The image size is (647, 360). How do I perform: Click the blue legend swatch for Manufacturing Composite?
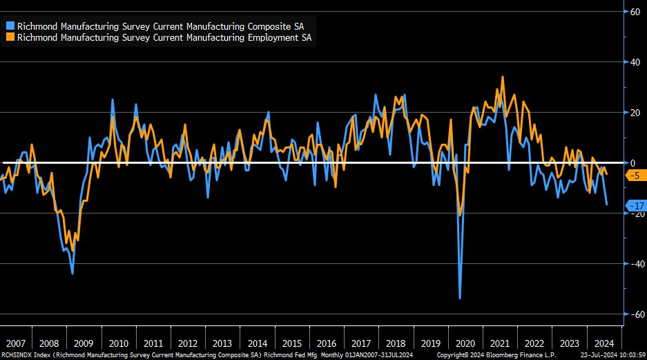tap(10, 26)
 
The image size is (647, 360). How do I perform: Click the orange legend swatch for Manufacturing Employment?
tap(10, 37)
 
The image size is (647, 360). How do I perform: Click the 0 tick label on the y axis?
tap(631, 163)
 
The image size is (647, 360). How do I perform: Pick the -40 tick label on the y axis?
tap(632, 264)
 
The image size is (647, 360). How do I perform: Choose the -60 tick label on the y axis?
tap(632, 314)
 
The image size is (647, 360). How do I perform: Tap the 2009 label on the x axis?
tap(84, 343)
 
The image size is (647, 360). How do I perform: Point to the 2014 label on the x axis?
tap(258, 343)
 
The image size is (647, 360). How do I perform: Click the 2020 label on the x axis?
tap(466, 343)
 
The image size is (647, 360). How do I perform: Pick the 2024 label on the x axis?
tap(603, 343)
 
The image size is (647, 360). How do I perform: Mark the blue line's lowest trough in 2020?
tap(460, 299)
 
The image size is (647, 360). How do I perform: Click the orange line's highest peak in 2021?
tap(502, 77)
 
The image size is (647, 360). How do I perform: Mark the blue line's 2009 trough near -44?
tap(73, 274)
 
